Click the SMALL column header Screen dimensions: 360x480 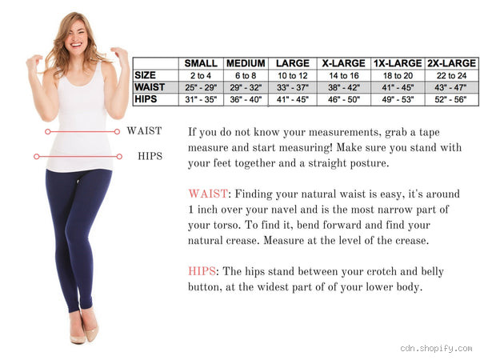201,63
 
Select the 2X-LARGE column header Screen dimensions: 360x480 452,63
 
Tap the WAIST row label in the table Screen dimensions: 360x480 150,87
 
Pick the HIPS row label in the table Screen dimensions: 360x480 146,99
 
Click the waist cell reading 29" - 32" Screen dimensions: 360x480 246,87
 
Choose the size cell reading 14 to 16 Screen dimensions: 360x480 344,75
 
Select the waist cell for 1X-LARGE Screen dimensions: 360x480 398,87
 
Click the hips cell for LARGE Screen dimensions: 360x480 293,99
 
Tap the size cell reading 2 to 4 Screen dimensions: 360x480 201,75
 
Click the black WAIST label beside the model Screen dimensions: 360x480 144,131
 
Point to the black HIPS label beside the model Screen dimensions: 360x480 150,156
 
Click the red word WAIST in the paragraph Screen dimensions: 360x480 207,194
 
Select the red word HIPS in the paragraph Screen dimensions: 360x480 203,271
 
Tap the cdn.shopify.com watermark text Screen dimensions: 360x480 436,349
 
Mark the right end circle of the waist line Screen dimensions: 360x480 118,131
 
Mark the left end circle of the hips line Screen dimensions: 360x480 37,156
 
